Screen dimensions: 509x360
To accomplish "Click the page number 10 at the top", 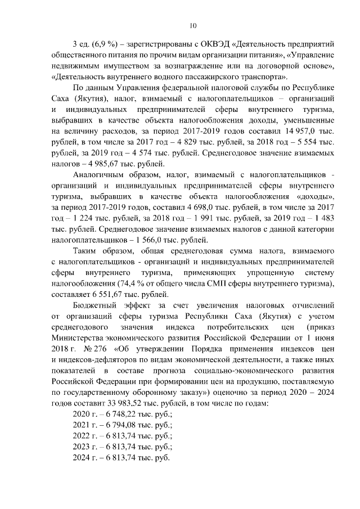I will pyautogui.click(x=193, y=25).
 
